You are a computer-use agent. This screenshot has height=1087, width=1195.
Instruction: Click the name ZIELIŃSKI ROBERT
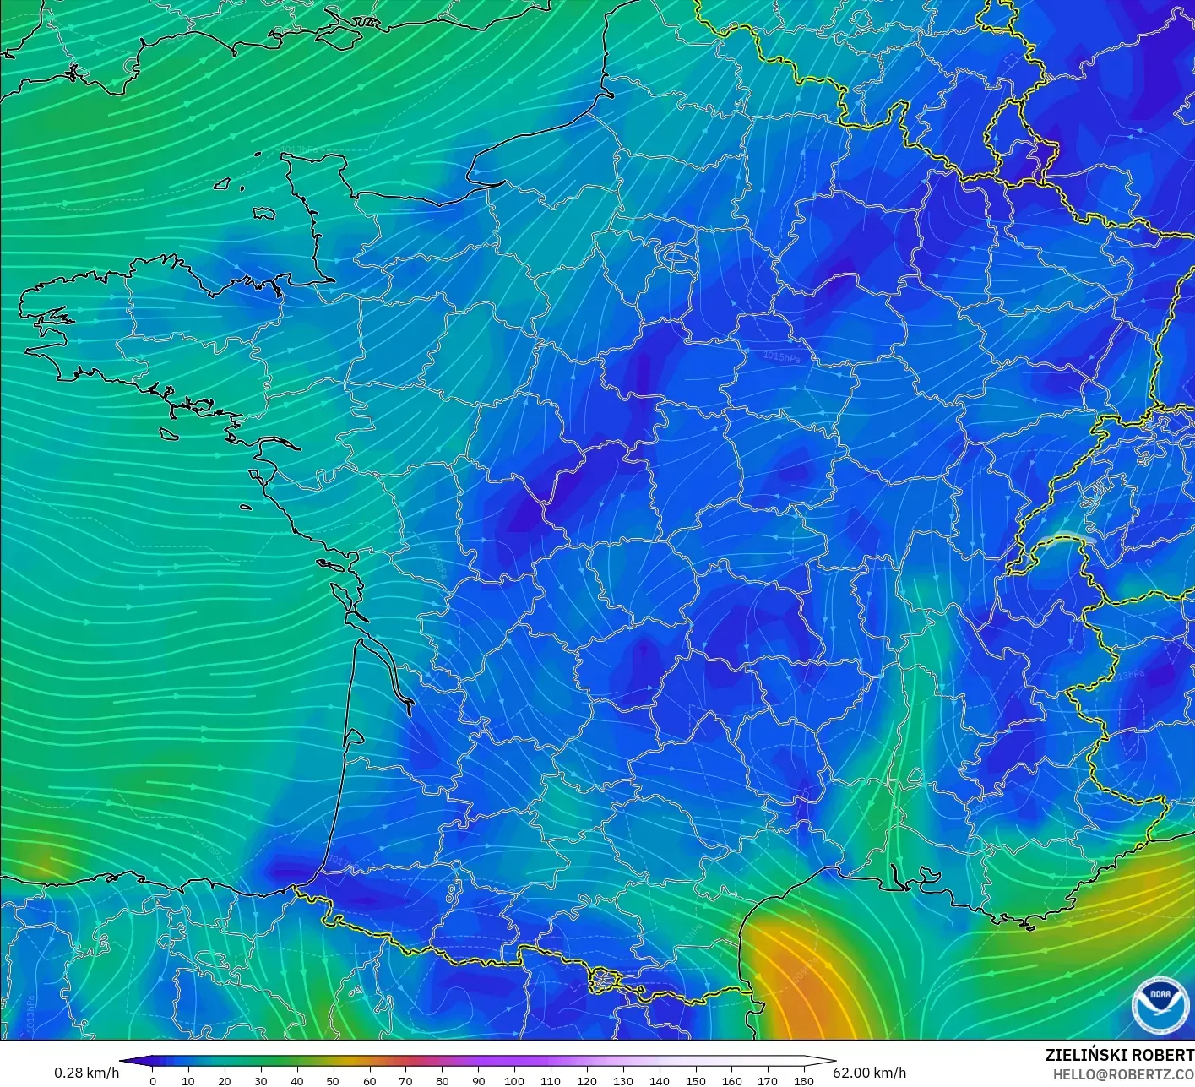click(x=1119, y=1055)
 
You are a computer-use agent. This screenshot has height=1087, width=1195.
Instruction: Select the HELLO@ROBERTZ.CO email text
click(x=1117, y=1073)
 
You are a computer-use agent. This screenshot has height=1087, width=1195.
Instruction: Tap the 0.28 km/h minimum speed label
click(x=86, y=1073)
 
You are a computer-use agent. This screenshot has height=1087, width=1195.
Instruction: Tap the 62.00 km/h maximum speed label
click(x=869, y=1073)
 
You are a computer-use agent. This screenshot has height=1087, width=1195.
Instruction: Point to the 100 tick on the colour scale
click(x=514, y=1080)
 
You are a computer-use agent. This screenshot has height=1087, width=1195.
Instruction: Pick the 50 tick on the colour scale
click(x=333, y=1080)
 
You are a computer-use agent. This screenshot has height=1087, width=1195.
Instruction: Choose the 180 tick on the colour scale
click(x=804, y=1080)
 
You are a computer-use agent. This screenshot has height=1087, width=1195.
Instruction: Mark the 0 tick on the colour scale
click(x=152, y=1080)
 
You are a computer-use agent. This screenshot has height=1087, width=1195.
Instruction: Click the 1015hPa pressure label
click(x=781, y=357)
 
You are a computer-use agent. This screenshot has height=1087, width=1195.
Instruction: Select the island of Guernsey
click(x=223, y=182)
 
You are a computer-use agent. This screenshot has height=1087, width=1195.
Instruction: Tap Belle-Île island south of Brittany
click(x=169, y=433)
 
